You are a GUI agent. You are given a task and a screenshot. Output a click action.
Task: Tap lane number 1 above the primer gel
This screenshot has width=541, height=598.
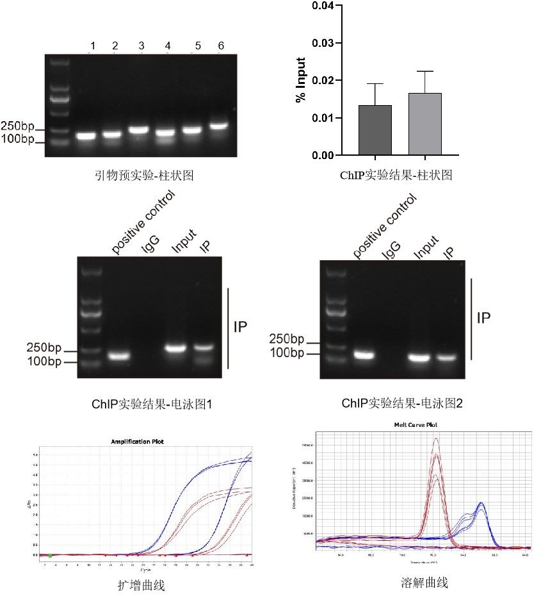[x=93, y=46]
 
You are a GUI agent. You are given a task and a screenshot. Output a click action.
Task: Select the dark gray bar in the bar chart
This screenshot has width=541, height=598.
[x=375, y=130]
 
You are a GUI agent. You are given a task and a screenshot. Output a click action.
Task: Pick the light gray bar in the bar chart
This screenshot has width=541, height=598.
[x=425, y=124]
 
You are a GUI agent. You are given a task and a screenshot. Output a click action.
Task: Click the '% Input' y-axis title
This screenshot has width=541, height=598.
[x=300, y=81]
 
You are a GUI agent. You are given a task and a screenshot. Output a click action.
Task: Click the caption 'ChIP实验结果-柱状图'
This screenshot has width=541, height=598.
[x=396, y=174]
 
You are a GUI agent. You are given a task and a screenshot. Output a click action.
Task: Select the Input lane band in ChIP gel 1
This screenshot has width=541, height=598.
[x=175, y=349]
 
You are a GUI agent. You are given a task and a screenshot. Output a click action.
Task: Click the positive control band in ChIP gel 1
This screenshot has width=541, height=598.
[x=118, y=356]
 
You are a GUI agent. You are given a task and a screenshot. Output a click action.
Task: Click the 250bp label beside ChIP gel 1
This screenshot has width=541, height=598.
[x=44, y=349]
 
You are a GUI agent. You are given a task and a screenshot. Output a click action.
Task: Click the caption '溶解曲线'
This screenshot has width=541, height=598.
[x=423, y=583]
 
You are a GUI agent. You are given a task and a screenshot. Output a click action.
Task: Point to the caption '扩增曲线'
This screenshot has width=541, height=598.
[x=141, y=585]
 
